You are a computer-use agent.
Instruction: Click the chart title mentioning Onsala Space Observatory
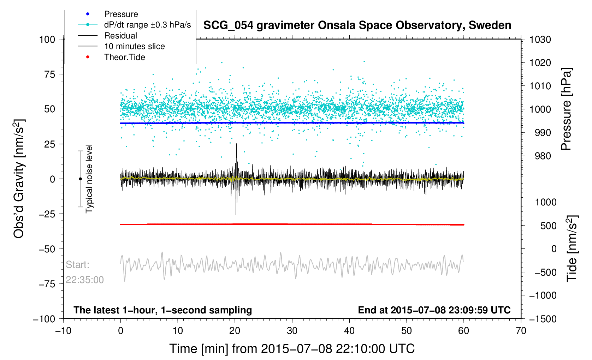[357, 25]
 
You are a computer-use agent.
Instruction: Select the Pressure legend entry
[121, 14]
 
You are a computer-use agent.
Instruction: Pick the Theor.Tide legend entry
[124, 57]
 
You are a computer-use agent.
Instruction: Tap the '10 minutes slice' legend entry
[134, 46]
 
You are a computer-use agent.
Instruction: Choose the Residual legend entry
[120, 36]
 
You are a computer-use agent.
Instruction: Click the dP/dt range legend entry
[147, 25]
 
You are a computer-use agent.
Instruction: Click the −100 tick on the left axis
[44, 319]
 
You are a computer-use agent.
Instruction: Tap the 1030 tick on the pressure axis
[540, 40]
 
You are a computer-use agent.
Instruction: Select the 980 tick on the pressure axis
[538, 156]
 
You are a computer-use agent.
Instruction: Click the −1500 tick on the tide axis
[543, 319]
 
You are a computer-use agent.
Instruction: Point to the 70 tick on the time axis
[521, 331]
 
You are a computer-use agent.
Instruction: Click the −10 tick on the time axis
[63, 331]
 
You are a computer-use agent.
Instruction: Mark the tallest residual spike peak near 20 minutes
[236, 144]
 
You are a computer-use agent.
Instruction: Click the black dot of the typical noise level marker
[80, 179]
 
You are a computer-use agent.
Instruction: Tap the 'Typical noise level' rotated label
[89, 179]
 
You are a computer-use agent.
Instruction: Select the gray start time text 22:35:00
[85, 280]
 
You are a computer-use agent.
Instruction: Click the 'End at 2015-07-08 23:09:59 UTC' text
[434, 310]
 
